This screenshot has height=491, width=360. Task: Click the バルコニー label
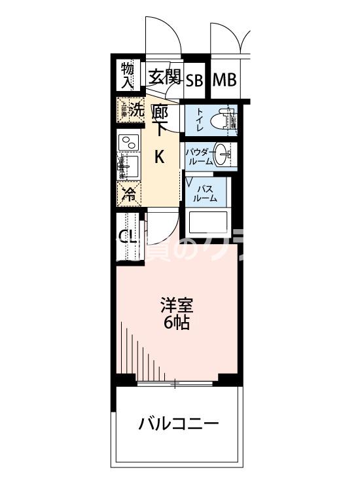point(178,424)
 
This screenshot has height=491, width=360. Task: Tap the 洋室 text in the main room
point(177,305)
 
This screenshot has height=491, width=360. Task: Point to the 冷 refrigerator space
point(129,194)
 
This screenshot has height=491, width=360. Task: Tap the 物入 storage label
point(128,75)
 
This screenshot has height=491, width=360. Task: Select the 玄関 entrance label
point(163,78)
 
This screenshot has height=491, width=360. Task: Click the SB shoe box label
point(194,81)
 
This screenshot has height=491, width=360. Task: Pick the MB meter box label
point(223,81)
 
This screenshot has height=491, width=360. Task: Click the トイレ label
point(198,120)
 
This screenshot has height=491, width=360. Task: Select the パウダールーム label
point(198,155)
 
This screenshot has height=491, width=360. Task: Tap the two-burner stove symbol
point(129,141)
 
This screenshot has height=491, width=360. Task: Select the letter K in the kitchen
point(159,156)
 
